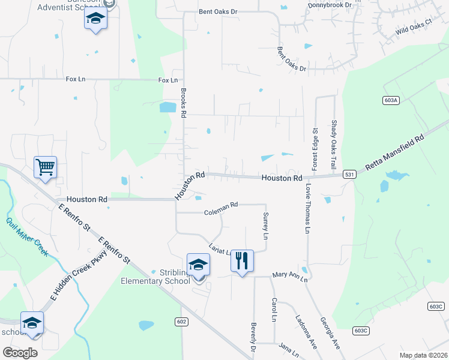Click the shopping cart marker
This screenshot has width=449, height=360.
pos(46,167)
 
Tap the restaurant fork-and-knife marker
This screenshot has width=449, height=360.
pos(242,260)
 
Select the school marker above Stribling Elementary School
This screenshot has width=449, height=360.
pos(198,264)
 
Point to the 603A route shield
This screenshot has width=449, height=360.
pos(390,101)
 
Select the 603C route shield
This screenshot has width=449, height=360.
pos(436,307)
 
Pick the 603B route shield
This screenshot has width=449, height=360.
pos(360,330)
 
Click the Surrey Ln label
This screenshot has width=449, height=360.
pos(265,225)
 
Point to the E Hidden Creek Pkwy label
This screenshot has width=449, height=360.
pos(79,275)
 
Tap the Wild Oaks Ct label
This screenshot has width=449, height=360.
pos(414,27)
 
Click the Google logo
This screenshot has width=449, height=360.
pos(20,353)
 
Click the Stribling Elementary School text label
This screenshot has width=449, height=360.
pos(155,277)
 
